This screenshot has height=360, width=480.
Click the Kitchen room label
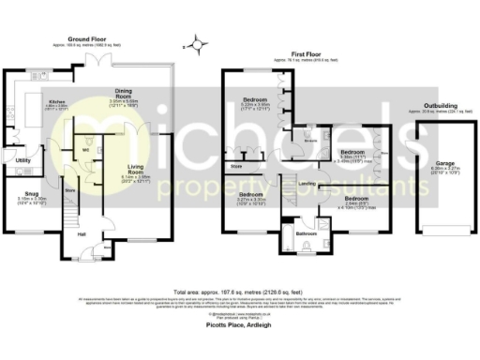pos(56,100)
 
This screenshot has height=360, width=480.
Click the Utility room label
pos(23,160)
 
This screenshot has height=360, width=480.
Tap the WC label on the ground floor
pos(85,149)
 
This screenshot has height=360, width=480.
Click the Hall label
pos(82,233)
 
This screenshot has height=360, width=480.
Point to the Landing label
pos(304,183)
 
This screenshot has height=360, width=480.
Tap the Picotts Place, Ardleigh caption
pos(241,321)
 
